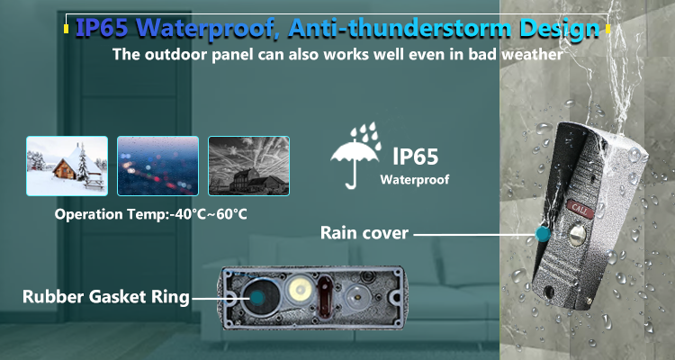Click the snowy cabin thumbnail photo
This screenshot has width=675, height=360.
pyautogui.click(x=67, y=166)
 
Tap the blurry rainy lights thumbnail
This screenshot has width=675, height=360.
pyautogui.click(x=158, y=166)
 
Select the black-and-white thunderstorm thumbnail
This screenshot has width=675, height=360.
pyautogui.click(x=248, y=166)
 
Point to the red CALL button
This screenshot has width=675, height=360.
pyautogui.click(x=580, y=209)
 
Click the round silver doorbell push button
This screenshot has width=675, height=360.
pyautogui.click(x=577, y=236)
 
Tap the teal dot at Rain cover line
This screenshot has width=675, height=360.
pyautogui.click(x=543, y=234)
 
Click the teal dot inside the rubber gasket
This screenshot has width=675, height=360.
pyautogui.click(x=258, y=297)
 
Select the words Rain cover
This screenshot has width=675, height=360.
pyautogui.click(x=364, y=233)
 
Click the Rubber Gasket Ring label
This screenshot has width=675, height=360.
pyautogui.click(x=106, y=297)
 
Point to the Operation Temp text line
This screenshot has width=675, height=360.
pyautogui.click(x=150, y=214)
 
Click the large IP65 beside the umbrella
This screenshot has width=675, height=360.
pyautogui.click(x=416, y=157)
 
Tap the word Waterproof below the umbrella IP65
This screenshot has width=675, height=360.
pyautogui.click(x=415, y=180)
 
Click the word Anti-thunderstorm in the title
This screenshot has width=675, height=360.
pyautogui.click(x=400, y=29)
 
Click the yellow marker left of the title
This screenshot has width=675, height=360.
pyautogui.click(x=66, y=29)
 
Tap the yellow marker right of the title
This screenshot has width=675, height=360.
pyautogui.click(x=607, y=29)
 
